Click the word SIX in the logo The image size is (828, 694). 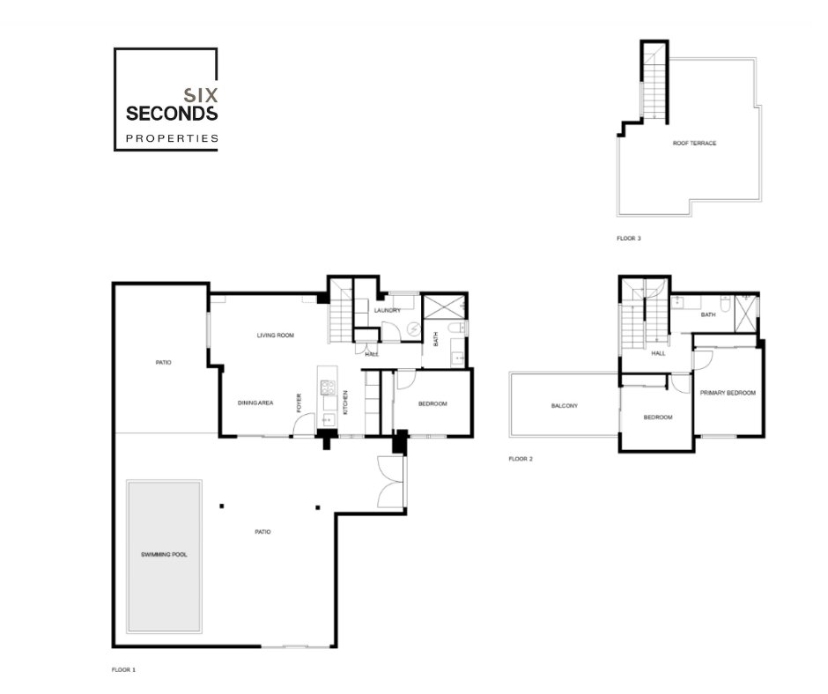(x=201, y=95)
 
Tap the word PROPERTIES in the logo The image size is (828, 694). (x=172, y=138)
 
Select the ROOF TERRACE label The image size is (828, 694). (x=694, y=144)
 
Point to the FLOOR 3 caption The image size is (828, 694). (x=628, y=238)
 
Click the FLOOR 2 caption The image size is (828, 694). (x=521, y=459)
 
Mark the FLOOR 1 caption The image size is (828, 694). (x=123, y=669)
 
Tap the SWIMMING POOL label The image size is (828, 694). (x=164, y=555)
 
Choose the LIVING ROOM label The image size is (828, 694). (x=275, y=336)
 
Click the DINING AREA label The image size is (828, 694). (x=255, y=403)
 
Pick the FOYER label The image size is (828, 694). (x=299, y=403)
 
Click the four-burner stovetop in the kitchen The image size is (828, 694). (x=328, y=388)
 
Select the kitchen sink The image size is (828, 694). (x=327, y=420)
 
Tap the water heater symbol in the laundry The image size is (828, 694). (x=413, y=330)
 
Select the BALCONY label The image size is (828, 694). (x=564, y=406)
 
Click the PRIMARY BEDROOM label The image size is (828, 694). (x=728, y=393)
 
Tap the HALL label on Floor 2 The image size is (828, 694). (x=658, y=353)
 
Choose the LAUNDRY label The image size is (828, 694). (x=387, y=311)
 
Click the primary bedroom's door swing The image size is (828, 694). (x=703, y=359)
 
